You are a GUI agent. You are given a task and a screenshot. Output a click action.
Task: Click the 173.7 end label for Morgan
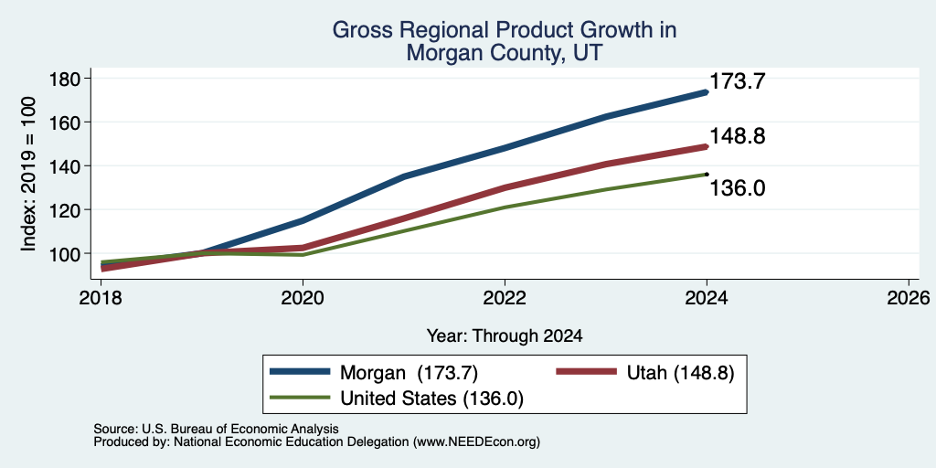pos(738,81)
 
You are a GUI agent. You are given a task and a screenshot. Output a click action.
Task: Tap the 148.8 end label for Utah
pos(738,137)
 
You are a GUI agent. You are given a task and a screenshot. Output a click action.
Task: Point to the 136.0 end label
pos(738,188)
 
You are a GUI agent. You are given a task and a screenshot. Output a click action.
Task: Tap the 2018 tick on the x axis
pos(101,297)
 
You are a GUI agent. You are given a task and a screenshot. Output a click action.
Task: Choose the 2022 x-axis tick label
pos(505,297)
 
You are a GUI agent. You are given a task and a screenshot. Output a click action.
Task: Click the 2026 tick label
pos(909,297)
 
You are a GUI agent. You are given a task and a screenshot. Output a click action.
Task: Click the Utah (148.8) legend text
pos(680,373)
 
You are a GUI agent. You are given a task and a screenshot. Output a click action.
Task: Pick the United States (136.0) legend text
pos(431,399)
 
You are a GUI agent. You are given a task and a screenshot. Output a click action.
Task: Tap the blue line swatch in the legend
pos(300,372)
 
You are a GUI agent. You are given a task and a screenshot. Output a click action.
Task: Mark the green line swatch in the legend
pos(300,397)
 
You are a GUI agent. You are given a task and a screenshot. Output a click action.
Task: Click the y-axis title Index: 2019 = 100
pos(29,174)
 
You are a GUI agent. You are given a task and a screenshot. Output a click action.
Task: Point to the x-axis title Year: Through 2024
pos(505,336)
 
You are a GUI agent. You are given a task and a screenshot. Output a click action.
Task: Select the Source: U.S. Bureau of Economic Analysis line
pos(216,429)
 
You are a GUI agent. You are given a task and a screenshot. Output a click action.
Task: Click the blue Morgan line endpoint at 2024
pos(707,92)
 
